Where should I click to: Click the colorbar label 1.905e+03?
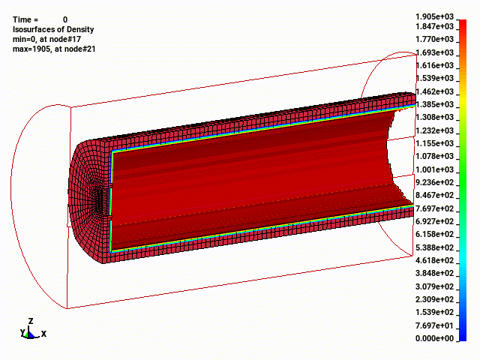434,16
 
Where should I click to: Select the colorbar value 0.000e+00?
434,338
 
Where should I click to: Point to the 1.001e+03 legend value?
434,169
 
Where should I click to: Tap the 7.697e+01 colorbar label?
434,325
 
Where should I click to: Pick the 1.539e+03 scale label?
434,78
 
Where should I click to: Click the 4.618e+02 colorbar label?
434,260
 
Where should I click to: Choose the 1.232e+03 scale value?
434,130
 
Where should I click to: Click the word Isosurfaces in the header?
34,29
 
